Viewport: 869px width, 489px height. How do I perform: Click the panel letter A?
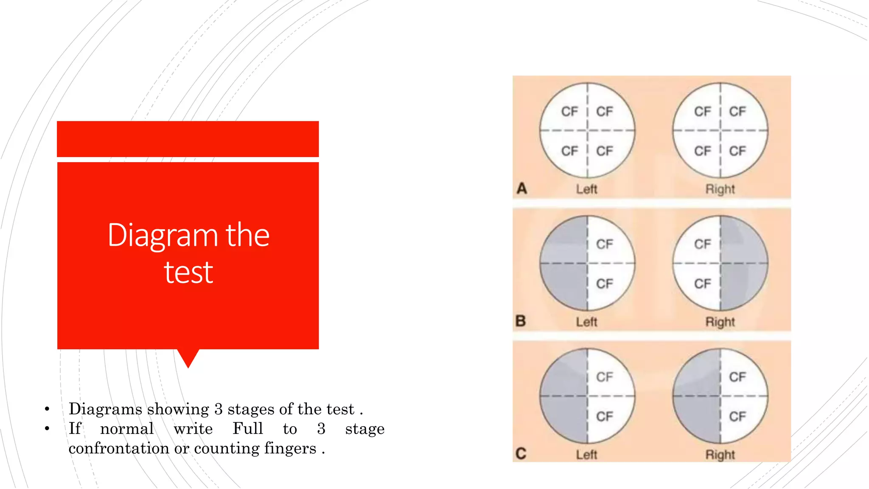click(522, 188)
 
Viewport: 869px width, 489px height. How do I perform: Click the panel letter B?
click(521, 321)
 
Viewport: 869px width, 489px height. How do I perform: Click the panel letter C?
click(521, 454)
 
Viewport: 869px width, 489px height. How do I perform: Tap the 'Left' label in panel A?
click(587, 189)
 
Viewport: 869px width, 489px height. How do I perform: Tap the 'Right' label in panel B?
click(720, 323)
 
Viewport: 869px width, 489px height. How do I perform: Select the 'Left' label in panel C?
click(587, 455)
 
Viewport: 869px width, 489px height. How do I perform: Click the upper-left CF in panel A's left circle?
click(569, 112)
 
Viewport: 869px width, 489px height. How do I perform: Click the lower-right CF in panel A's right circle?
click(737, 151)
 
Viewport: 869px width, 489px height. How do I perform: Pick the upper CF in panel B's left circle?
click(605, 244)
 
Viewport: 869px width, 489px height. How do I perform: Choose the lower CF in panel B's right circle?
click(703, 284)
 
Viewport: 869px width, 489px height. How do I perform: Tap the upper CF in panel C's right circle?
click(737, 377)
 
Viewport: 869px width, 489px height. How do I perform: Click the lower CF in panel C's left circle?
click(605, 417)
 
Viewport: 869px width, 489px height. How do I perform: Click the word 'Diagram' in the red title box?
click(163, 236)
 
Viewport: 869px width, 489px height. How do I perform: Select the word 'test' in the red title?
click(188, 272)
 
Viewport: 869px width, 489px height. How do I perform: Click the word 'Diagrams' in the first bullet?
click(105, 409)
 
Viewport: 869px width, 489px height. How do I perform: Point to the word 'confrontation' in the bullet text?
click(119, 448)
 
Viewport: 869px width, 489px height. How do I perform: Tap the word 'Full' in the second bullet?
click(248, 428)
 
